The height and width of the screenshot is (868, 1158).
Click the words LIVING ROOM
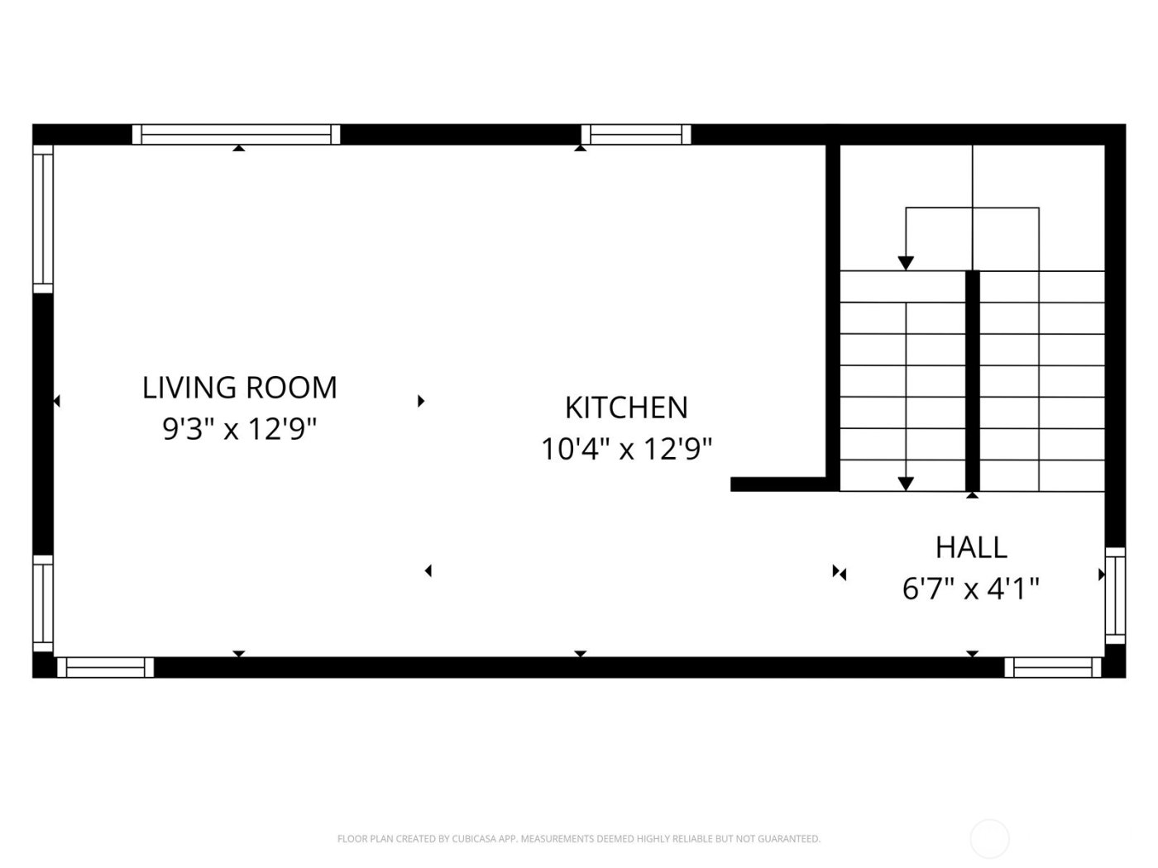point(240,388)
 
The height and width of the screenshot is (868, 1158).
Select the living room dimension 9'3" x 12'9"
point(240,429)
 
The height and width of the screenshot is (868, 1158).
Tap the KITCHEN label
point(626,408)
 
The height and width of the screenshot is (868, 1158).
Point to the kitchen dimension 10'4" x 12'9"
point(626,450)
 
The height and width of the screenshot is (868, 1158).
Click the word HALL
point(971,547)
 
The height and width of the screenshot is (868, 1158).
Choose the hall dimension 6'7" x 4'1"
point(971,589)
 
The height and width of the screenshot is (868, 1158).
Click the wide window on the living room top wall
point(237,134)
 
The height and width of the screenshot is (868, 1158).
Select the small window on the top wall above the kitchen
point(635,134)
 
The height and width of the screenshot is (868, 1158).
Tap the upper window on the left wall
point(43,218)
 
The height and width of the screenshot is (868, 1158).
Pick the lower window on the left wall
point(43,603)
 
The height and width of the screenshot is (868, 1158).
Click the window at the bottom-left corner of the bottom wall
point(105,667)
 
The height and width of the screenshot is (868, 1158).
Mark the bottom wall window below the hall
point(1052,667)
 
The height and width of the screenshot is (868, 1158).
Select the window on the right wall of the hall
point(1115,595)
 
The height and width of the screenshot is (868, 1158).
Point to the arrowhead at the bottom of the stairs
point(906,484)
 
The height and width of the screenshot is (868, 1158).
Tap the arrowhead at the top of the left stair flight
point(906,263)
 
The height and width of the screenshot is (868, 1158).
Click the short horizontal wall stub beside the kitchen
point(778,484)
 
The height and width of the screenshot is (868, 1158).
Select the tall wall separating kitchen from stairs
point(833,314)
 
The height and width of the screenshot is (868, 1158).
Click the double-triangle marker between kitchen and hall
point(840,572)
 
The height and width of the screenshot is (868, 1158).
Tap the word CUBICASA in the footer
point(474,839)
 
